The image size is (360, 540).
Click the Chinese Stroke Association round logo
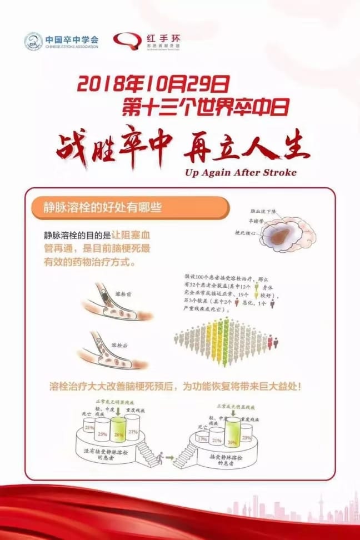pyautogui.click(x=33, y=41)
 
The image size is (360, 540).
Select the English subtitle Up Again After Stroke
pyautogui.click(x=241, y=172)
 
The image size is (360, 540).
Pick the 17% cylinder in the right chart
pyautogui.click(x=201, y=438)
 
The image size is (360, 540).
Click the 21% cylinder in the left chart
pyautogui.click(x=88, y=427)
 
